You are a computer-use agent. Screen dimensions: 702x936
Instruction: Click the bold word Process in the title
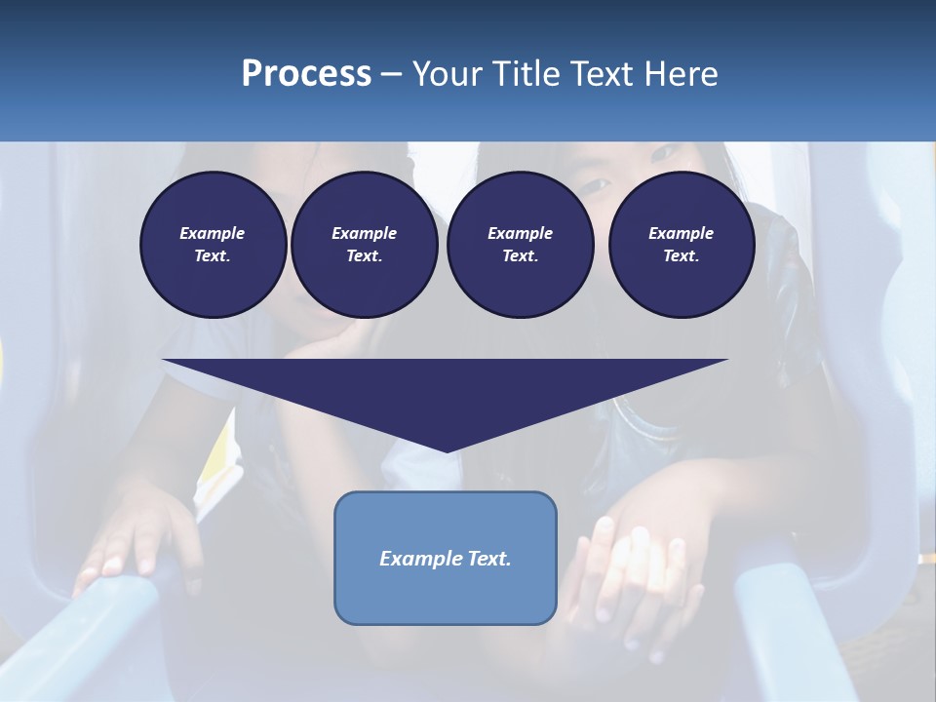click(306, 74)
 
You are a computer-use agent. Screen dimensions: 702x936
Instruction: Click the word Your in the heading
click(448, 74)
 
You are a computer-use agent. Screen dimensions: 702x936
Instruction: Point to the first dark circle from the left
click(214, 245)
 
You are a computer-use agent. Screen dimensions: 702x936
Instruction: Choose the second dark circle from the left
click(365, 245)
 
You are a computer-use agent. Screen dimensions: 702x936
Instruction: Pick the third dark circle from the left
click(521, 245)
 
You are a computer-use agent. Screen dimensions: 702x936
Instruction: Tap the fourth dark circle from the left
click(682, 245)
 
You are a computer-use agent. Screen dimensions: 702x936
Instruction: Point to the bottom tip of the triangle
click(447, 450)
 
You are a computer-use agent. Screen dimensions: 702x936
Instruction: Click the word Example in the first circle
click(213, 233)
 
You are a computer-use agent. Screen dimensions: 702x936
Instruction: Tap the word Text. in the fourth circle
click(681, 256)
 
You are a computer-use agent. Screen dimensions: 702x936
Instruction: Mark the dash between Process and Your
click(391, 75)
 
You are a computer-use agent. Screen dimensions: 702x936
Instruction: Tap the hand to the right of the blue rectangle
click(634, 575)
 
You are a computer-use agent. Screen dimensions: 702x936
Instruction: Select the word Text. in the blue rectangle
click(488, 559)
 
